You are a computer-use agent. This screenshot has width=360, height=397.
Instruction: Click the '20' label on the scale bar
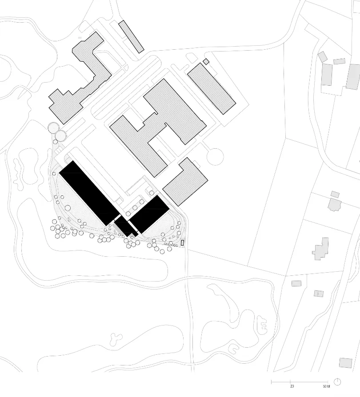pos(292,386)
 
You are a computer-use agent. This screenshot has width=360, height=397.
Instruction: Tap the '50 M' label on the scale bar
pos(327,386)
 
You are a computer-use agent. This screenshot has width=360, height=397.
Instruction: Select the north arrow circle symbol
pos(337,381)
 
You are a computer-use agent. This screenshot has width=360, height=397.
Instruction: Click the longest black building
pos(89,193)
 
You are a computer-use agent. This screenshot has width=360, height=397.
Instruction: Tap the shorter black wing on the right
pos(149,214)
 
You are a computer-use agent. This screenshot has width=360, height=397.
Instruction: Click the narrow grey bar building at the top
pos(131,37)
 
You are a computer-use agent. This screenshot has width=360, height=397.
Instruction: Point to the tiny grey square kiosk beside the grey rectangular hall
pos(206,62)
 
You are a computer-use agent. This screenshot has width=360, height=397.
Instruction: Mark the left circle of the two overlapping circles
pos(53,127)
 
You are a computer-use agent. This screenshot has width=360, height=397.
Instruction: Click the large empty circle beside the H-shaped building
pos(215,157)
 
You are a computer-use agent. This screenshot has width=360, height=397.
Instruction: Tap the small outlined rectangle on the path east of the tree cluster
pos(182,242)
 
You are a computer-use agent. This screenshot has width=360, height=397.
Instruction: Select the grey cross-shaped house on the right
pos(321,249)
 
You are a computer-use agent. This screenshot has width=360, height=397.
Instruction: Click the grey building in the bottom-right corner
pos(346,363)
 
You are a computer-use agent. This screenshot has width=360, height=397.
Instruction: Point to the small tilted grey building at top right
pos(323,57)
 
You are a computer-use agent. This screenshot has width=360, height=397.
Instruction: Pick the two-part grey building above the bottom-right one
pos(319,294)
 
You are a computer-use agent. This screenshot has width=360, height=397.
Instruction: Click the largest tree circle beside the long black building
pos(68,208)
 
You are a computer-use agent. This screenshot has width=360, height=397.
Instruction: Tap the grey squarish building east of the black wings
pos(185,182)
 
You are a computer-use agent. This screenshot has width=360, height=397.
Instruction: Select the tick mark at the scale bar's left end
pos(271,381)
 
